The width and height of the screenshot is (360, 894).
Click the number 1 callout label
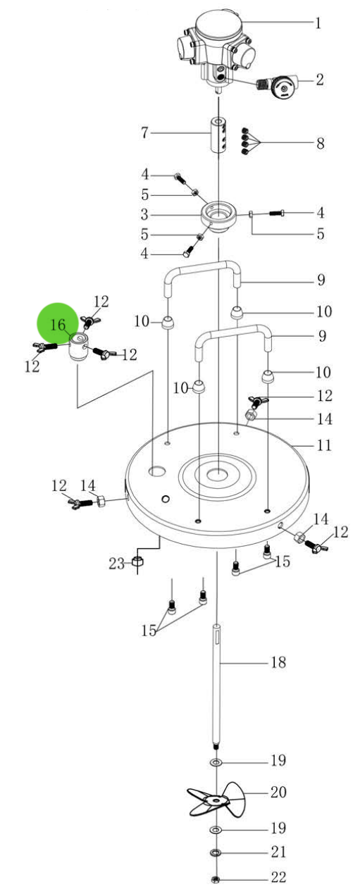click(318, 23)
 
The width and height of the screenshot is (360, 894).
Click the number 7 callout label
click(144, 132)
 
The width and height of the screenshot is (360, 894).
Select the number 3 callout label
click(144, 213)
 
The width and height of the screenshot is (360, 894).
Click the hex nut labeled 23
click(139, 563)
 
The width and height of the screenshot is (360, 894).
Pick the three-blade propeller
click(218, 801)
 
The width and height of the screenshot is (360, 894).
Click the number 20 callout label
click(279, 793)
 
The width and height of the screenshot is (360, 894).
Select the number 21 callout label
click(279, 852)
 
